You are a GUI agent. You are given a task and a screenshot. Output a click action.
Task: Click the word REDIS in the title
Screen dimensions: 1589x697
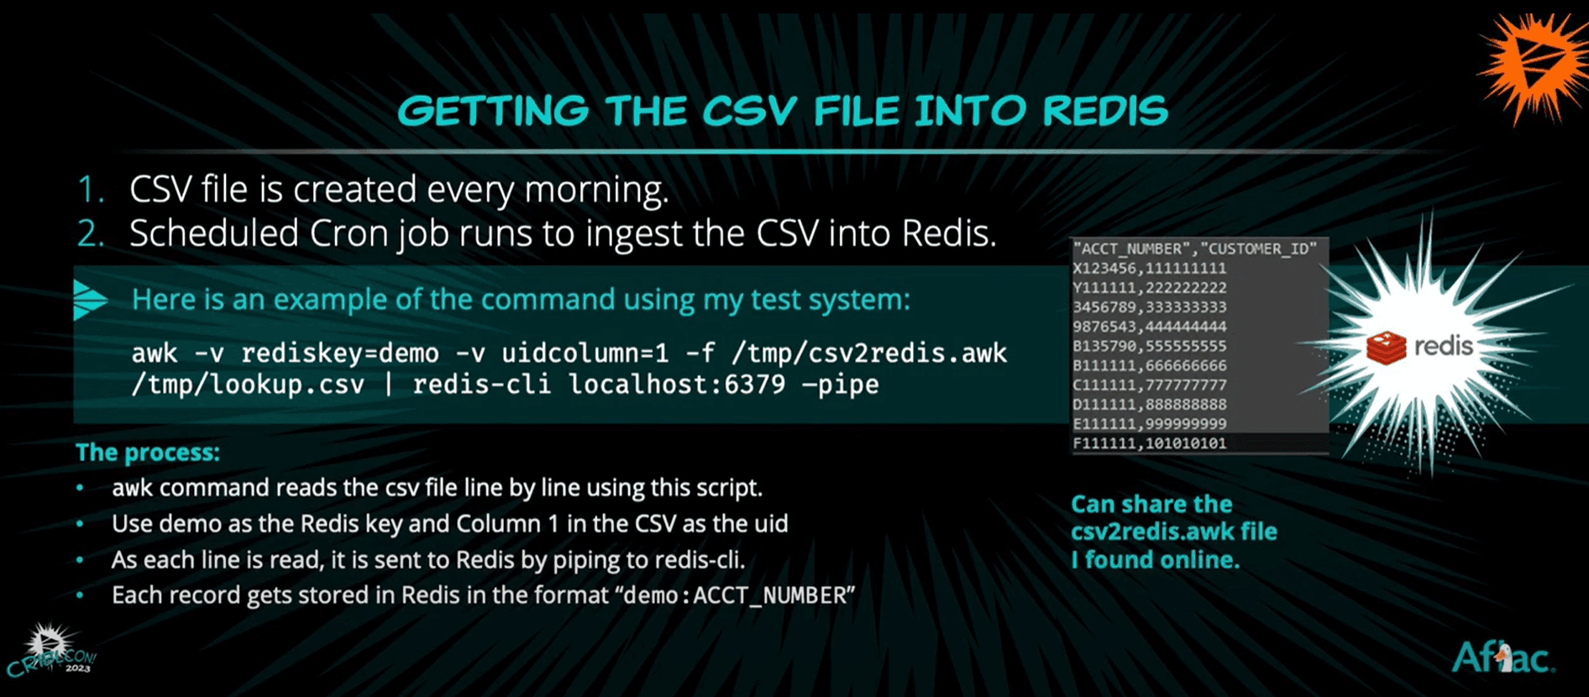pyautogui.click(x=1105, y=111)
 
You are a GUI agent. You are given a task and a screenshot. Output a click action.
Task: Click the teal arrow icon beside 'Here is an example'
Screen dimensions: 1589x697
pyautogui.click(x=90, y=300)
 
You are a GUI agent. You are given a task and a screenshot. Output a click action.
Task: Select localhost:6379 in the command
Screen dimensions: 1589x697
pyautogui.click(x=677, y=385)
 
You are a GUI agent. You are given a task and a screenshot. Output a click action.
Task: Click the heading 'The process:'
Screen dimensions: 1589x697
pyautogui.click(x=148, y=453)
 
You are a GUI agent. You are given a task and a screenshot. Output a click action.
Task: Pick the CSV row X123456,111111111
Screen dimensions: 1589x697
pyautogui.click(x=1150, y=269)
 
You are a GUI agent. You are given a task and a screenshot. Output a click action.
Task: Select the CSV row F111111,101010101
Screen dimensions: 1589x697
pyautogui.click(x=1150, y=443)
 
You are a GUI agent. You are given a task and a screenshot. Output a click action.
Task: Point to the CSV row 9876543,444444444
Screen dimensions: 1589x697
pyautogui.click(x=1150, y=327)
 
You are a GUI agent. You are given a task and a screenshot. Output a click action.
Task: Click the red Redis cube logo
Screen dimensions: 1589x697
pyautogui.click(x=1386, y=347)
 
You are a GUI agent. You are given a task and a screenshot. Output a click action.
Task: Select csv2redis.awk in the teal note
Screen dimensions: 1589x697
pyautogui.click(x=1174, y=532)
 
